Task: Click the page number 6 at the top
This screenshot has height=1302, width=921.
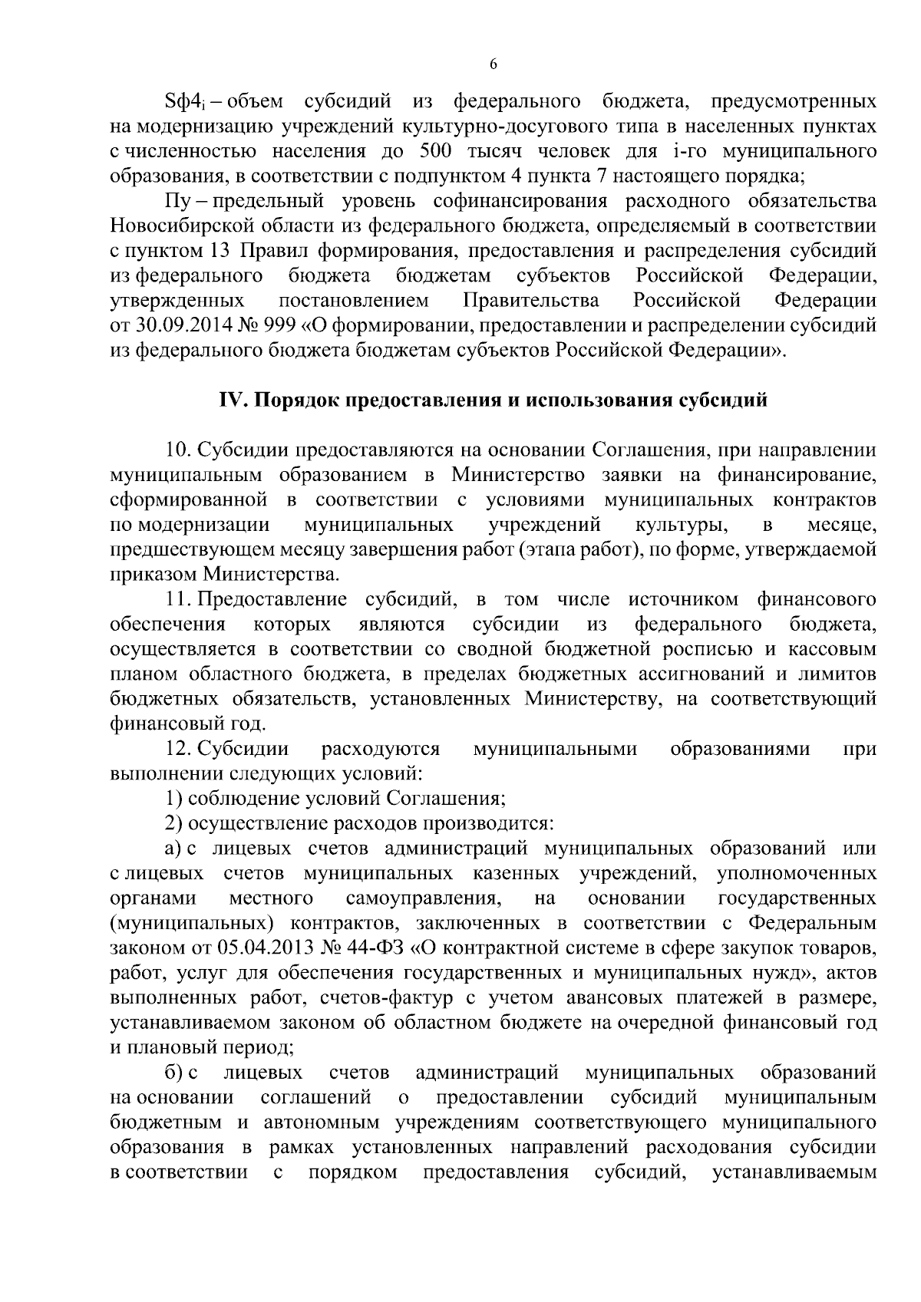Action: click(x=494, y=64)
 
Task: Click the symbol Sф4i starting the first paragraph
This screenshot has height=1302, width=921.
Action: click(x=183, y=101)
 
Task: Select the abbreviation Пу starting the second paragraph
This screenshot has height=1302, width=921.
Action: click(x=176, y=201)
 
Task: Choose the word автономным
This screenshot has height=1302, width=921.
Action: click(x=322, y=1122)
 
